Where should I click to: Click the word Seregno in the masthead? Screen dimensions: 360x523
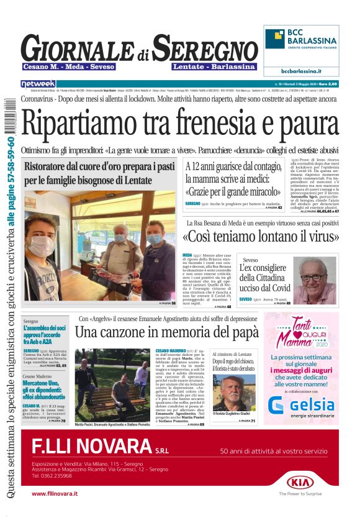click(x=205, y=48)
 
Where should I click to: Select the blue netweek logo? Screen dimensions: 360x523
click(x=38, y=83)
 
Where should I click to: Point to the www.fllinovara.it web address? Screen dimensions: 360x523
click(x=55, y=493)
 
